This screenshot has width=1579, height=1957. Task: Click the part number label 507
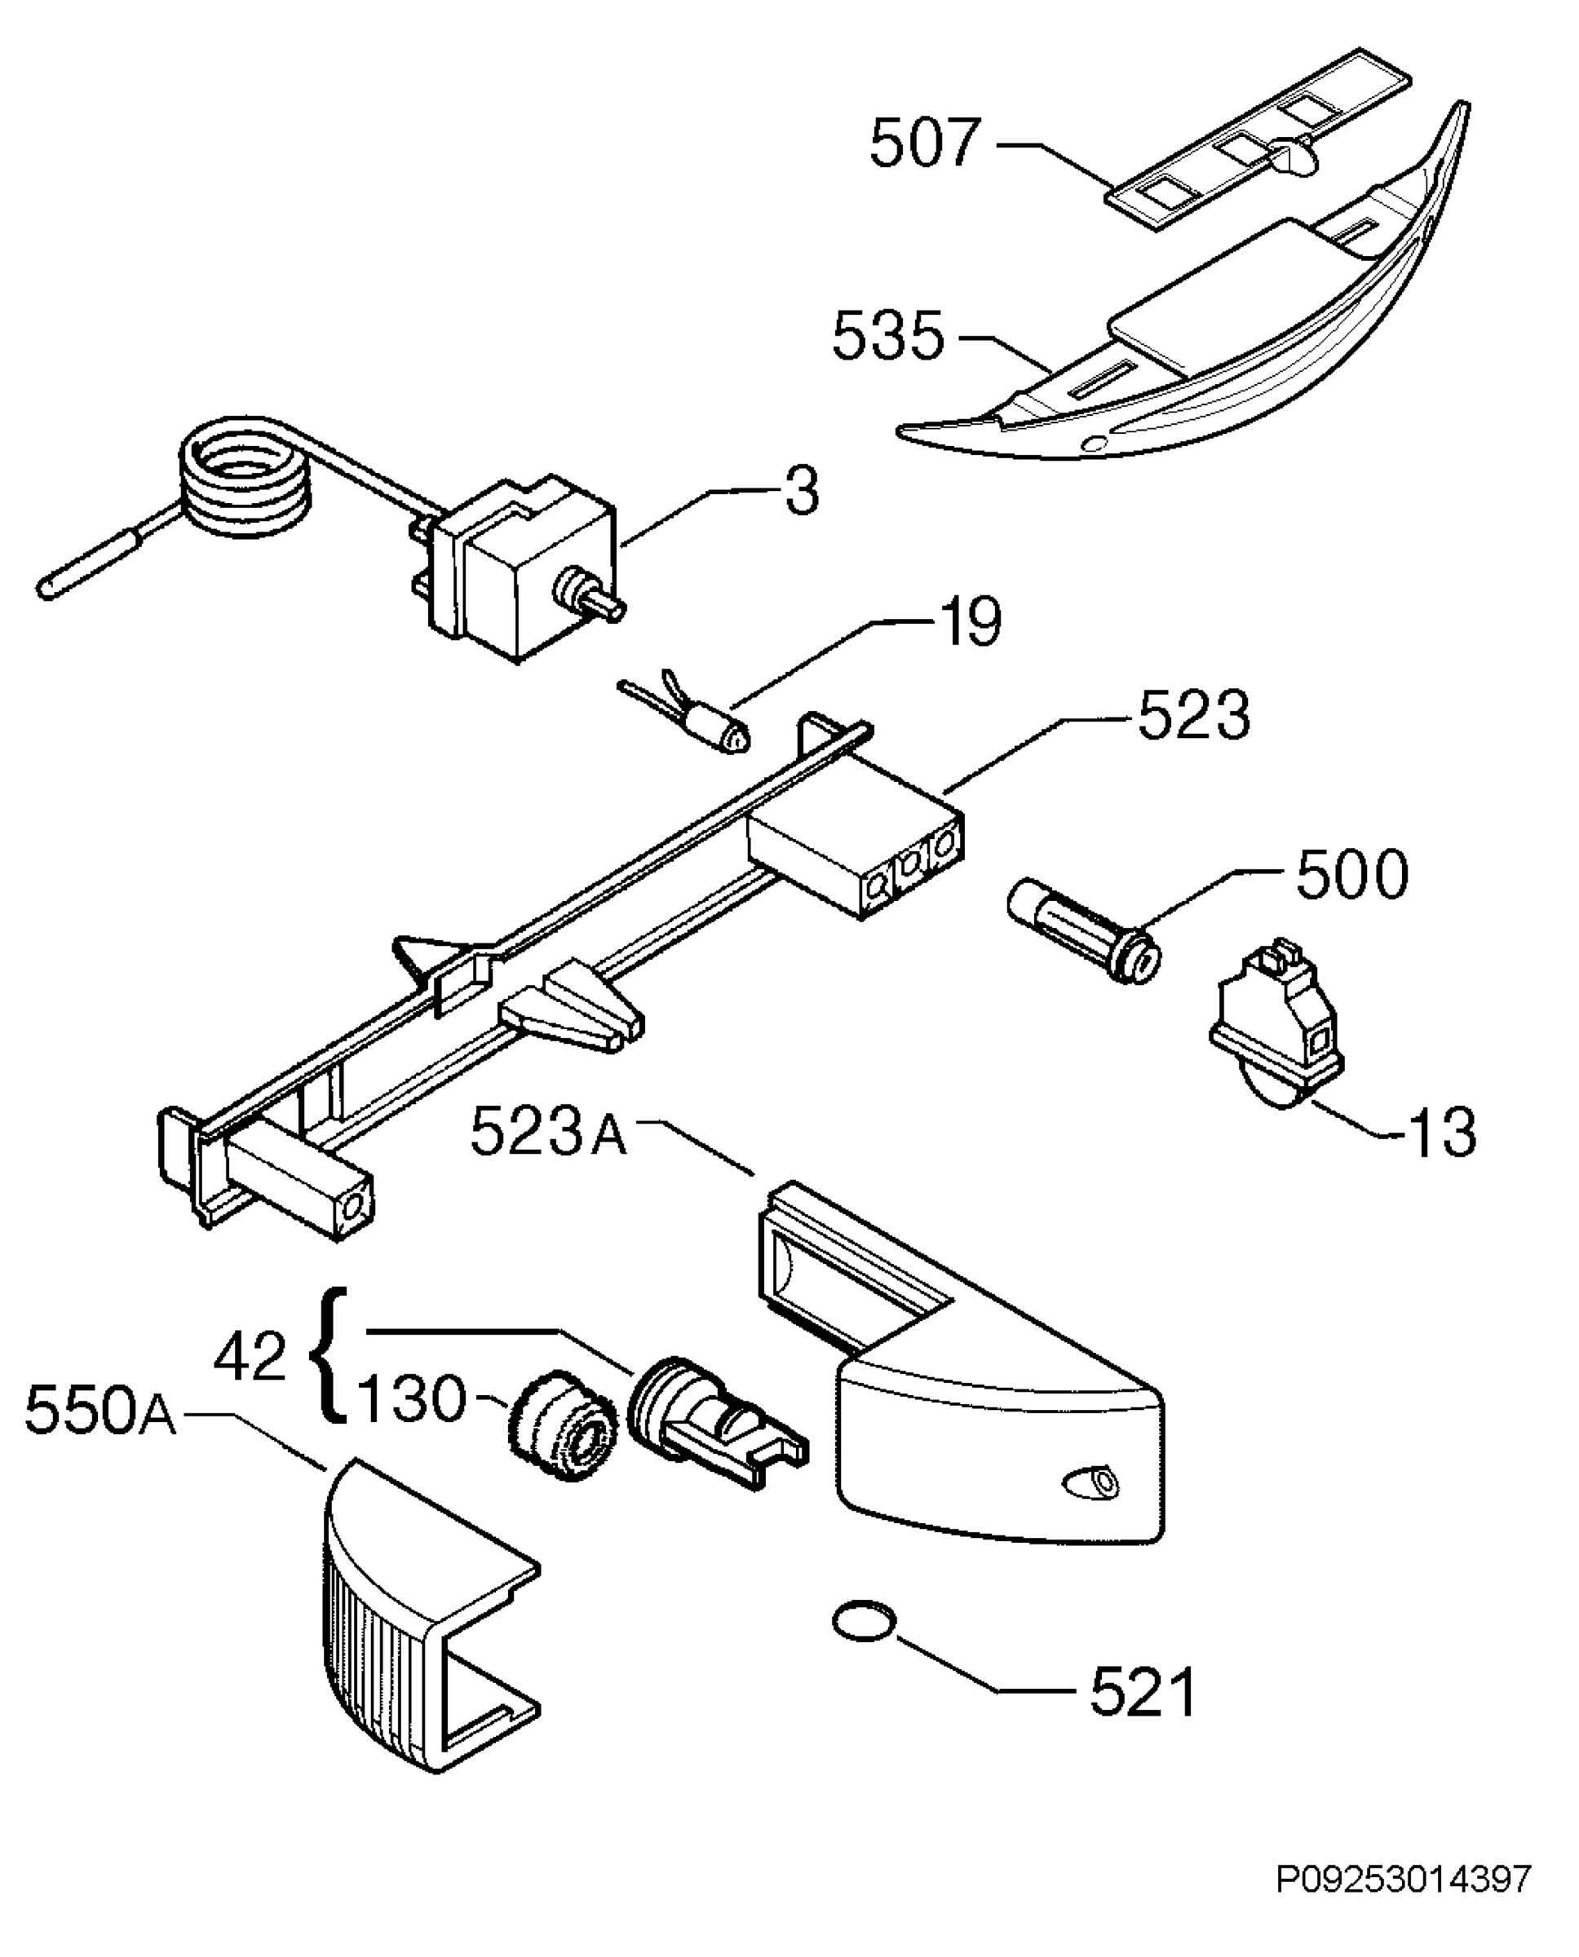coord(925,144)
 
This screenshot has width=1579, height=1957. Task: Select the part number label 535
coord(889,336)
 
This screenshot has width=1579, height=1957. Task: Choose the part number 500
coord(1351,876)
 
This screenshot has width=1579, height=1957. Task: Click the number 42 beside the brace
coord(250,1358)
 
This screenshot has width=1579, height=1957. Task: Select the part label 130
coord(411,1398)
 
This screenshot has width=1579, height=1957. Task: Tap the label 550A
coord(101,1412)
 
